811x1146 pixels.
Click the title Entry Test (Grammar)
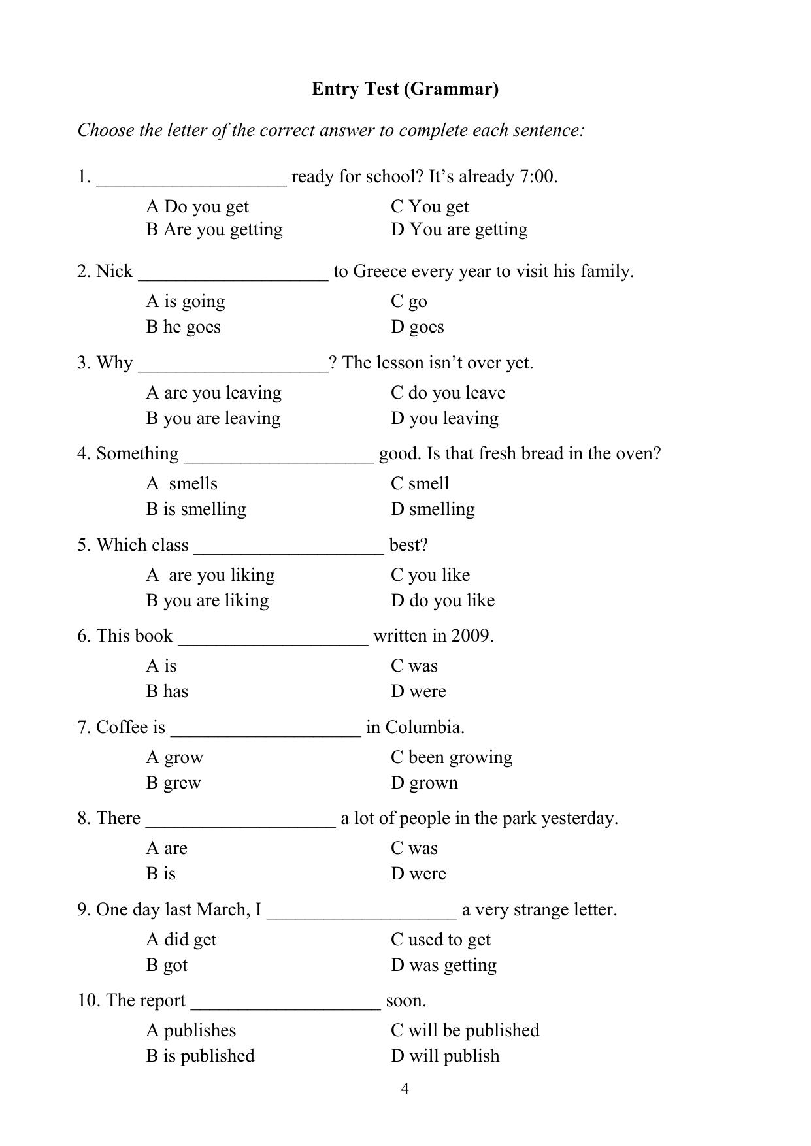coord(405,89)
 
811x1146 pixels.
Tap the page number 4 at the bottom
coord(405,1088)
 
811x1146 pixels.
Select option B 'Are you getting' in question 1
coord(214,229)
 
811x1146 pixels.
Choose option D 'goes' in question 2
coord(418,327)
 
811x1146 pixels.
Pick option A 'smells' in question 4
coord(182,483)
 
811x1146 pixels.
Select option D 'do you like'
coord(443,600)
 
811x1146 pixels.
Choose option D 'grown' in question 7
coord(425,783)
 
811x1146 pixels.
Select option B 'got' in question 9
coord(167,965)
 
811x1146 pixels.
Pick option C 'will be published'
coord(465,1030)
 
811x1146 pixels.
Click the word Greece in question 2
coord(380,271)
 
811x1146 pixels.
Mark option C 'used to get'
coord(440,940)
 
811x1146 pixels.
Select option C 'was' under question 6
coord(414,666)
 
